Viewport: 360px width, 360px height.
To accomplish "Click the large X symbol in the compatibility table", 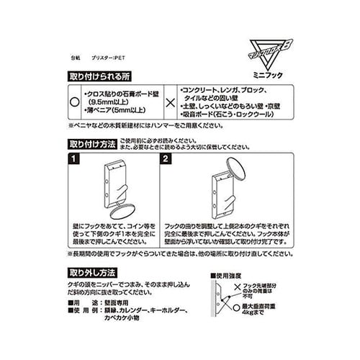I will pos(169,103).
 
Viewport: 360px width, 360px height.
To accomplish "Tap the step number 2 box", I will pos(165,157).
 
